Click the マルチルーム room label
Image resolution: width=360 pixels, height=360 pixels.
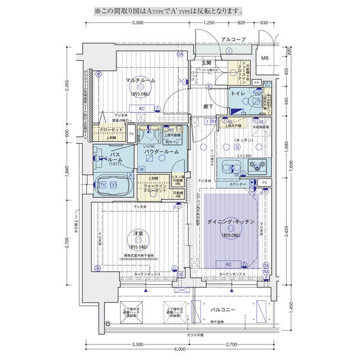(140, 80)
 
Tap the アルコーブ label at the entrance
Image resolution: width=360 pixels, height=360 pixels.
(233, 39)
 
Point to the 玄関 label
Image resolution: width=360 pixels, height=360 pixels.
(206, 62)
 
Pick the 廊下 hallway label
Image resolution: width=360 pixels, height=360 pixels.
(207, 107)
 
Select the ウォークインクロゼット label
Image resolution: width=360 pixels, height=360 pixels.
(155, 188)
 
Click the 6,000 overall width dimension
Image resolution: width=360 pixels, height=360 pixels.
(179, 349)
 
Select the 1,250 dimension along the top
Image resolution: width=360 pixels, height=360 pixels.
(209, 23)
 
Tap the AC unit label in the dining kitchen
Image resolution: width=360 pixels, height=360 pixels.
(228, 263)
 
